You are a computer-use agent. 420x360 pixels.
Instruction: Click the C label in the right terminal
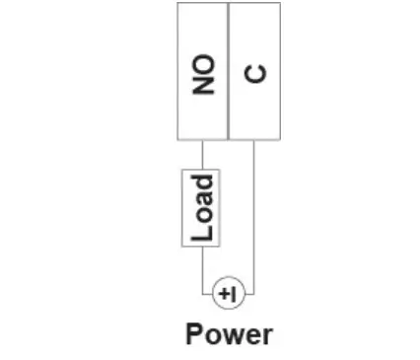254,72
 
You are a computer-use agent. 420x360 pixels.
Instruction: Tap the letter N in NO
203,83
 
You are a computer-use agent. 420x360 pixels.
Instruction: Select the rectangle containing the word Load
202,207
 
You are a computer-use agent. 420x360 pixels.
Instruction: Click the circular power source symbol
228,294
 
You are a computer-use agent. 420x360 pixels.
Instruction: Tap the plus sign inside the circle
224,294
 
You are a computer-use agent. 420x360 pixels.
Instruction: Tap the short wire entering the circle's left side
208,294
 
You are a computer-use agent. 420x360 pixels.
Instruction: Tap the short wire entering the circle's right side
248,294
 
